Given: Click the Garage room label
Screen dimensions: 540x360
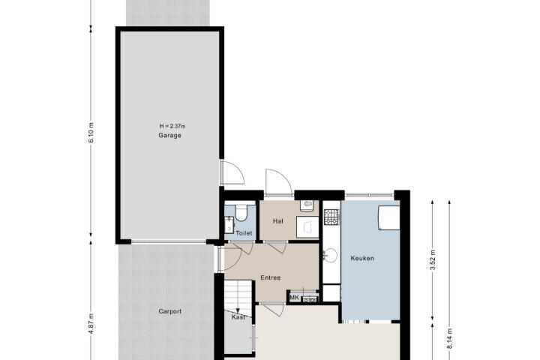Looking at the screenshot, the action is tap(169, 136).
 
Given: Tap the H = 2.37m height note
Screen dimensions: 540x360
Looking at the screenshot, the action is tap(172, 126).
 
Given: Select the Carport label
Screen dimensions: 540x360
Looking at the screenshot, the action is tap(169, 311).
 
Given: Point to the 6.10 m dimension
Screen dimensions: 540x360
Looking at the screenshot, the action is tap(91, 133).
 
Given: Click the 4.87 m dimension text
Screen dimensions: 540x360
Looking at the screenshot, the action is tap(91, 323).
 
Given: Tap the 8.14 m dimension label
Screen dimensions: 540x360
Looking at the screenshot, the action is tap(449, 339).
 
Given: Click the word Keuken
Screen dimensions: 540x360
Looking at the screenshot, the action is tap(362, 258).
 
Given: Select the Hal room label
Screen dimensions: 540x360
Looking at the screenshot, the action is tap(278, 220).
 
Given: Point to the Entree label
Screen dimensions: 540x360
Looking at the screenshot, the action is tap(270, 277).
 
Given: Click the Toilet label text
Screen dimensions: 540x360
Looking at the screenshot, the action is tap(244, 233).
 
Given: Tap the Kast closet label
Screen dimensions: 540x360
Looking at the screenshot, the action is tap(238, 317).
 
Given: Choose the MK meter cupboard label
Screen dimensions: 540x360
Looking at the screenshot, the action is tap(294, 298).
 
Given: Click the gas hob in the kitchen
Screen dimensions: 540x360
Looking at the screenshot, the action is tap(331, 217).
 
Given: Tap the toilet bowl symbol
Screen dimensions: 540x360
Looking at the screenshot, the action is tap(241, 212).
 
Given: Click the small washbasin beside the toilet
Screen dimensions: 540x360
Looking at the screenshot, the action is tap(229, 224).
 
